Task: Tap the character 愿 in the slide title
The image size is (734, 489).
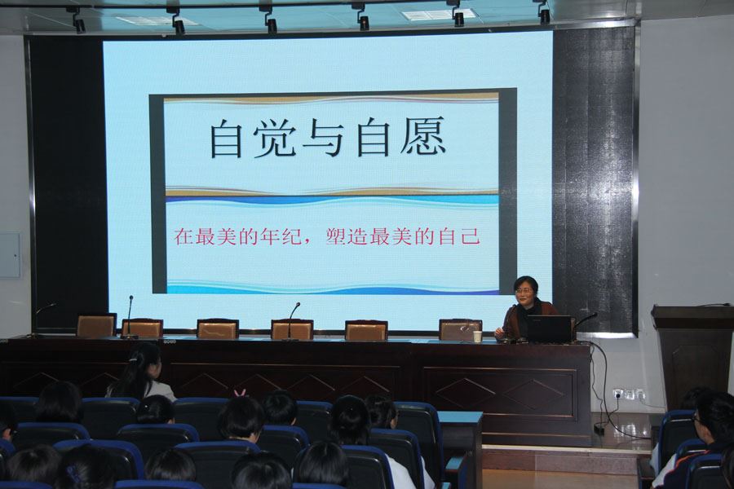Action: (422, 137)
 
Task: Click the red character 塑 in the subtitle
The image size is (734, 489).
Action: (336, 236)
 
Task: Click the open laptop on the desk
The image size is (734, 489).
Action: (550, 328)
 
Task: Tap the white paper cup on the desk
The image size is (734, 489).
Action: (477, 337)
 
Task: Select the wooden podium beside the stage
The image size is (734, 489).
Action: (691, 355)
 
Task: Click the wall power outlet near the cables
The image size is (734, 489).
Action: (629, 394)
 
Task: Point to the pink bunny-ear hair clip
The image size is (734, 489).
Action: (240, 393)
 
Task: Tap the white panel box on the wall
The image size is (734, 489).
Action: (10, 255)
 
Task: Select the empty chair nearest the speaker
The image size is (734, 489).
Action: (460, 329)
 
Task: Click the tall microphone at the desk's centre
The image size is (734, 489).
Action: (292, 321)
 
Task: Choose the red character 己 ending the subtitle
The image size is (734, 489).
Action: (470, 236)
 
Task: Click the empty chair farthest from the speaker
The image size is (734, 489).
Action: (96, 325)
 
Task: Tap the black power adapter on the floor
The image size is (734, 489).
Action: (599, 428)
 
